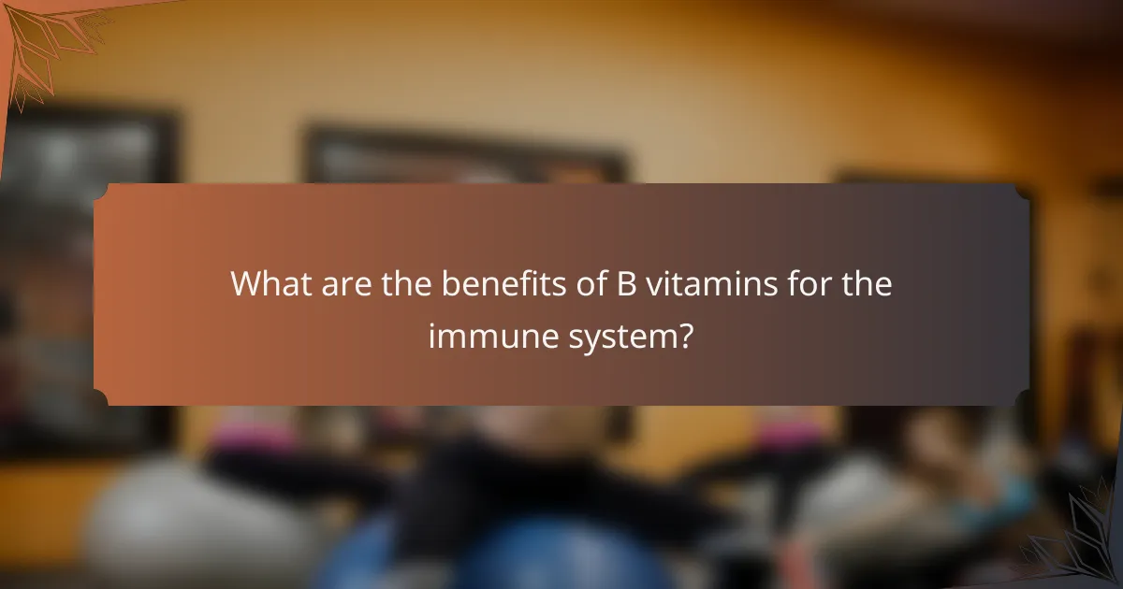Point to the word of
(591, 283)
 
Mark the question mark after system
(687, 336)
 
